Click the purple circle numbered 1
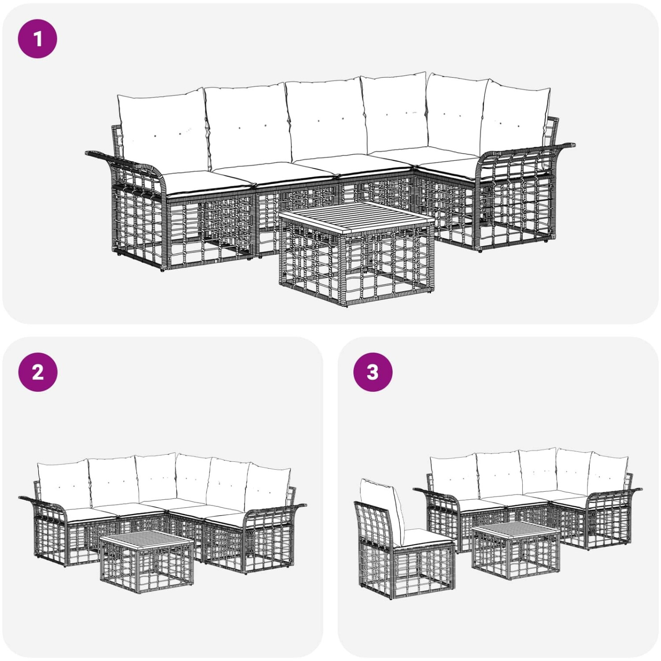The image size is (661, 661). [37, 38]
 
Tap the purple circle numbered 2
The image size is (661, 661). [37, 372]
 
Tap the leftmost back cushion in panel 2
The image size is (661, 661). [64, 484]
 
